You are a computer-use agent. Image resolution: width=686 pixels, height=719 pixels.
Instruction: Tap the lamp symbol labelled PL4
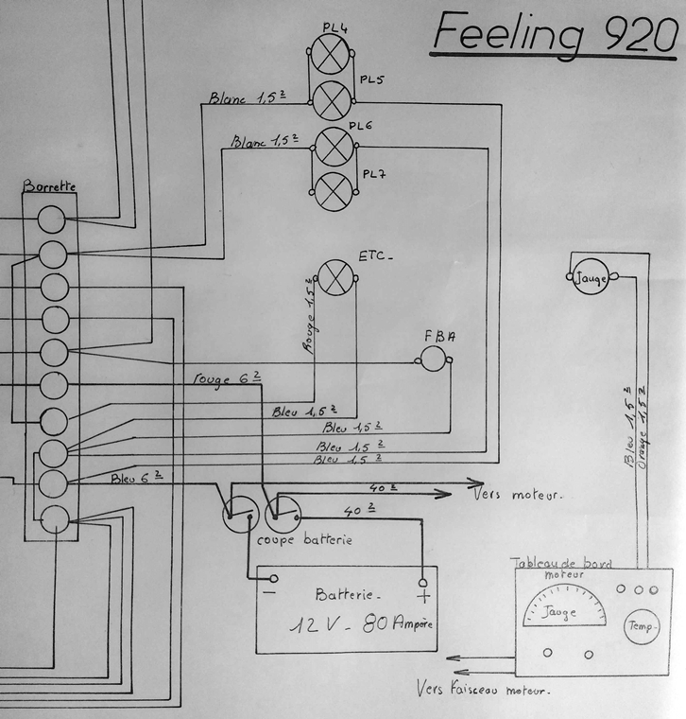tap(332, 54)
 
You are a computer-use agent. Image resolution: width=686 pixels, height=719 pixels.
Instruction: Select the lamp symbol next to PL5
tap(332, 98)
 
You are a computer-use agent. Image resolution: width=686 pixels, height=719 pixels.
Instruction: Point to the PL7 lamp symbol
tap(332, 190)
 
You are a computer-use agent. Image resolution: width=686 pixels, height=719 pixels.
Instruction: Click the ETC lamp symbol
tap(334, 278)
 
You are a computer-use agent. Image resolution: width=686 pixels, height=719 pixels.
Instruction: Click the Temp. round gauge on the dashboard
tap(640, 625)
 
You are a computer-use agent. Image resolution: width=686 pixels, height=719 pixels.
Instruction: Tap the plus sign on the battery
tap(423, 596)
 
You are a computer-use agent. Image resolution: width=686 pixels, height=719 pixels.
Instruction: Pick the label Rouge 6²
tap(225, 379)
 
